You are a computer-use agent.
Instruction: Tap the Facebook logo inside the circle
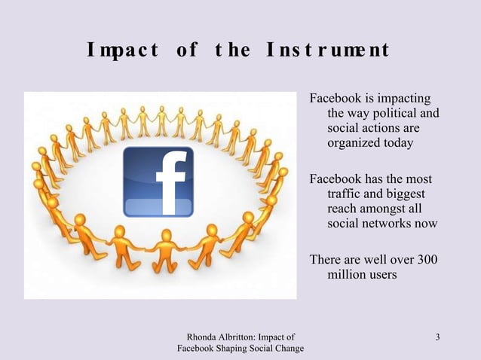[158, 181]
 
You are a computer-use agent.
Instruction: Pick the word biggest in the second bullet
[406, 194]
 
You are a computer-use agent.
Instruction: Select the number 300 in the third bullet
[427, 260]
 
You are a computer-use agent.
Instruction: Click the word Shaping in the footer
[241, 348]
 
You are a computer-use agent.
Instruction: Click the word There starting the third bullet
[326, 260]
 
